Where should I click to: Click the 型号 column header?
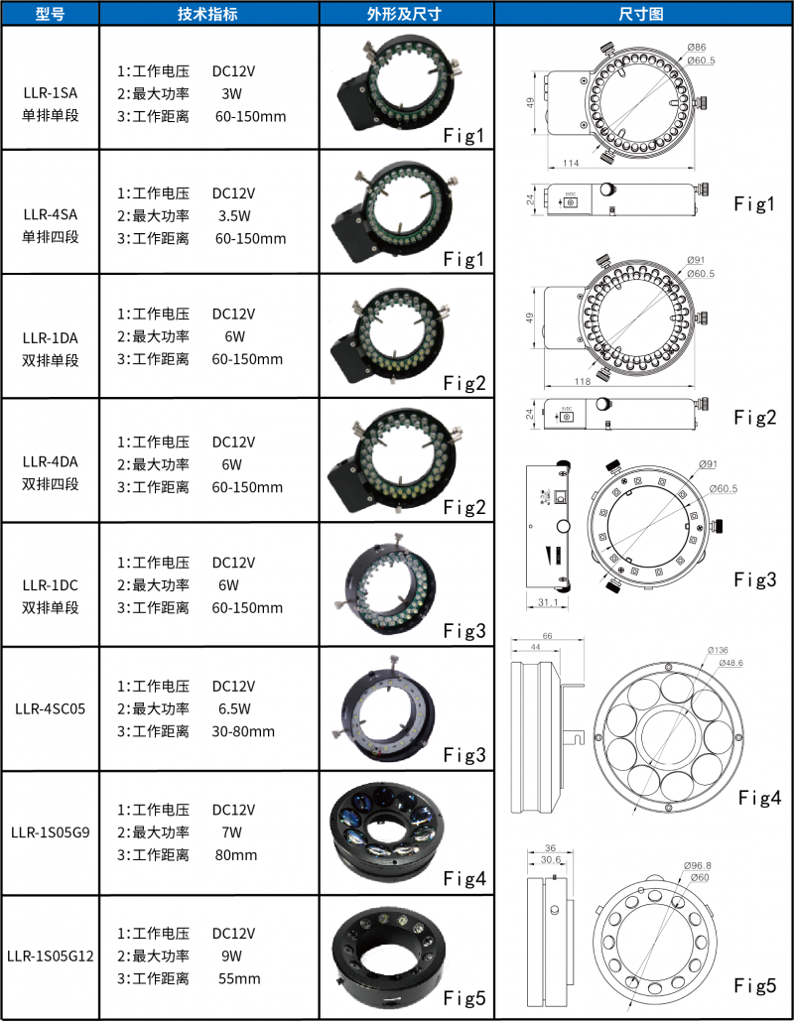point(51,14)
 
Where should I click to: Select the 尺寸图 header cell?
point(641,14)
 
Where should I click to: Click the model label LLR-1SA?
point(51,92)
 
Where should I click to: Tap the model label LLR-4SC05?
point(51,708)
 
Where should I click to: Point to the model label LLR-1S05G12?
point(51,956)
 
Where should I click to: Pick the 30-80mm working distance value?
point(243,732)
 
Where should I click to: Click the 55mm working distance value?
point(239,978)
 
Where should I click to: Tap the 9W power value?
point(231,957)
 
